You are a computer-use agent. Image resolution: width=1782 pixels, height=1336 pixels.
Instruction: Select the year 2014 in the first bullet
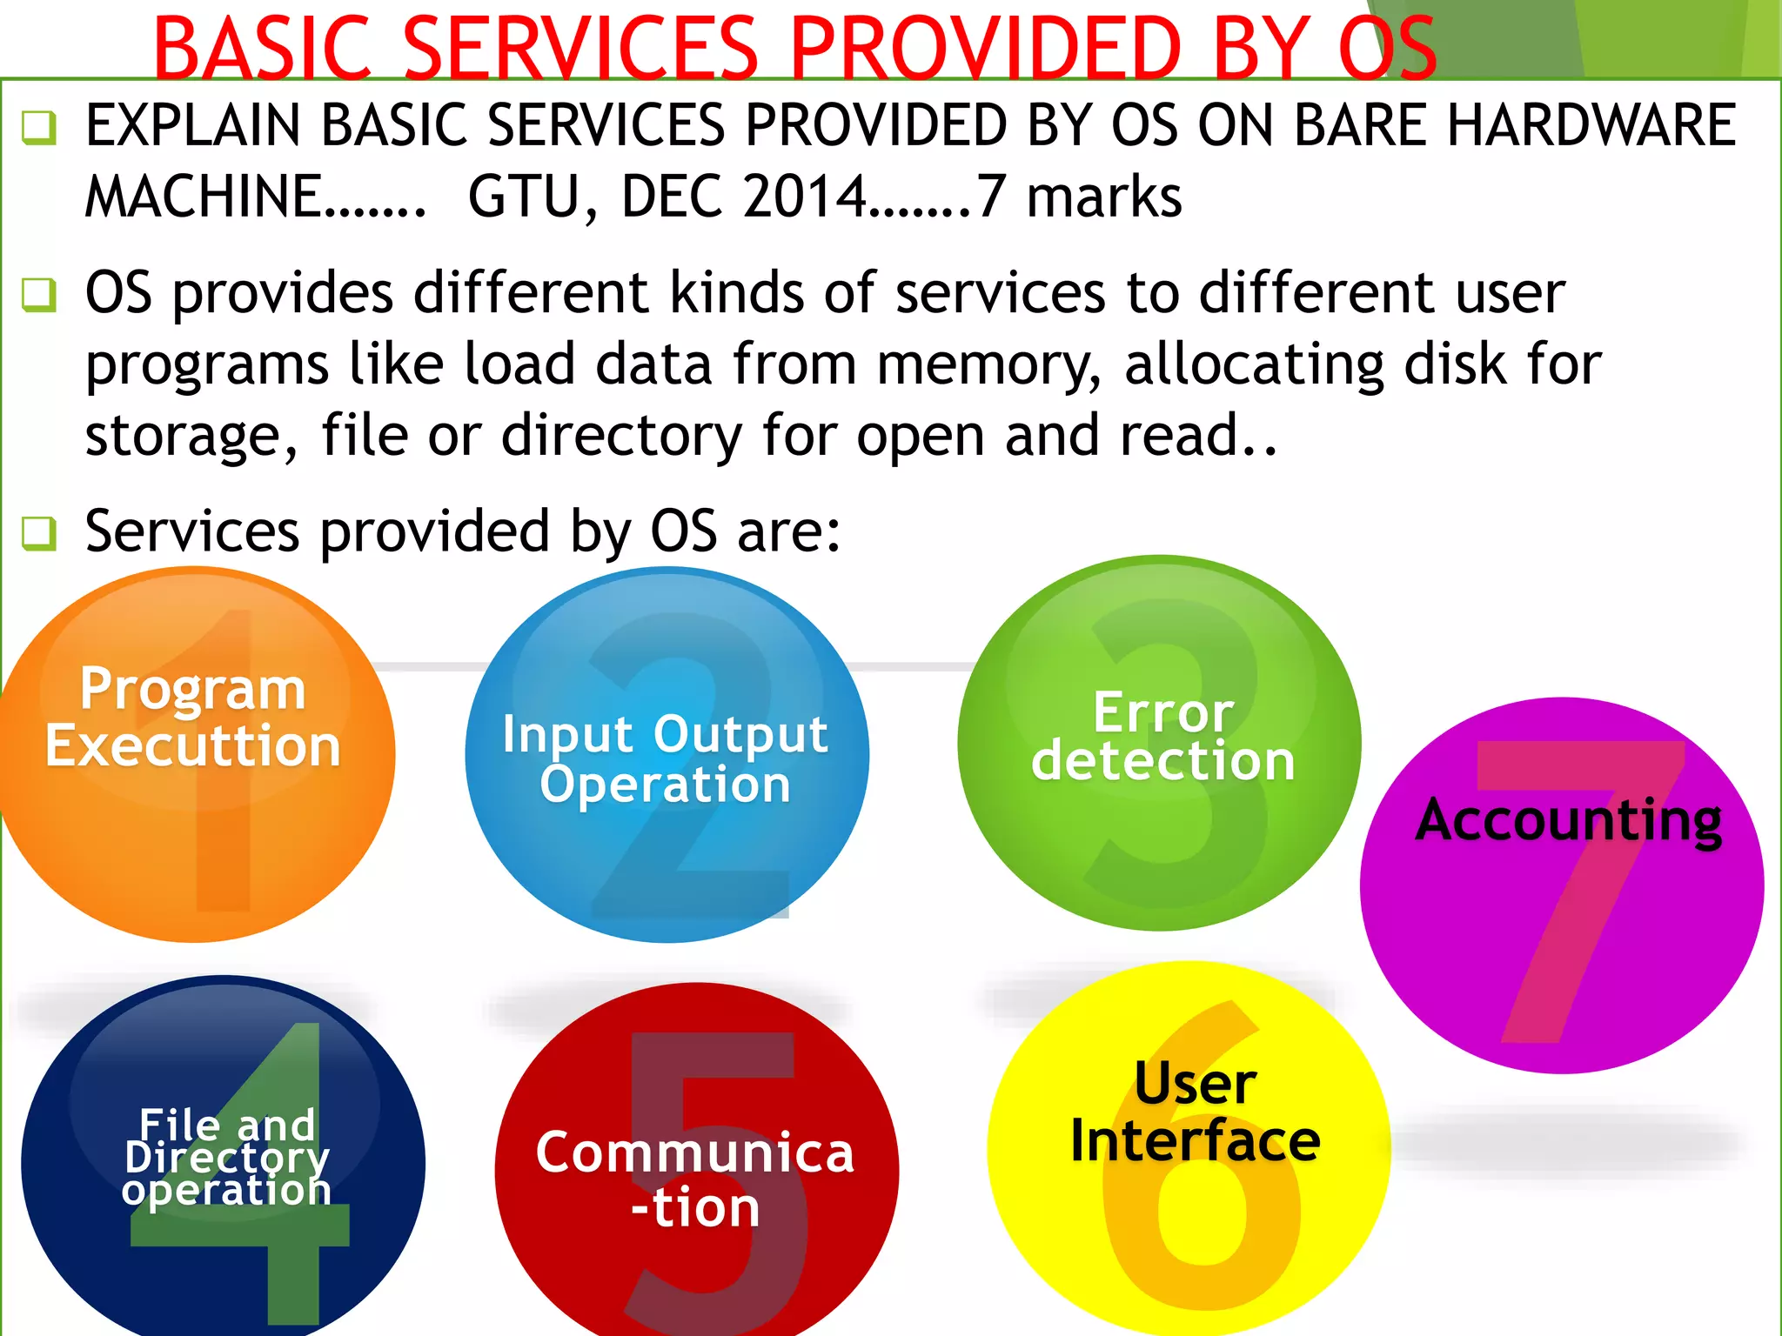pos(804,197)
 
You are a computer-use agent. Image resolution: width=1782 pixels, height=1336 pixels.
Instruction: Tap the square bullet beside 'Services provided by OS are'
pos(39,532)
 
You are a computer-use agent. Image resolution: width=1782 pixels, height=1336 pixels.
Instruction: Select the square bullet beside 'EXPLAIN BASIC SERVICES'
pos(39,128)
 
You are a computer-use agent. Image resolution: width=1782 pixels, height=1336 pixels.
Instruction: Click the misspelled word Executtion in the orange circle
pos(193,746)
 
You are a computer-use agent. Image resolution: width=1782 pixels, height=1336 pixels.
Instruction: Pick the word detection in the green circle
pos(1163,761)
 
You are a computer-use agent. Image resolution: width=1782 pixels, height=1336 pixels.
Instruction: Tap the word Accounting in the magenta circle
pos(1569,820)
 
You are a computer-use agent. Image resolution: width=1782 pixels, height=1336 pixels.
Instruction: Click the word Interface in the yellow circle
pos(1196,1141)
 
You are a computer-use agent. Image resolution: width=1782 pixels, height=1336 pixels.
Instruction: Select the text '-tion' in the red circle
pos(695,1208)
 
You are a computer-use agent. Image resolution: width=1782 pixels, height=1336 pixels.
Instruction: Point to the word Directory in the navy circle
pos(227,1158)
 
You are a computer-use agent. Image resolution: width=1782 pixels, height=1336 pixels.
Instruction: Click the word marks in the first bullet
pos(1104,197)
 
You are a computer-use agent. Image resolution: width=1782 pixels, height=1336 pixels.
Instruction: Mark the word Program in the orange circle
pos(193,689)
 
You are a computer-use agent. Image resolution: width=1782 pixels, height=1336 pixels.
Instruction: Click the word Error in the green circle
pos(1163,712)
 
